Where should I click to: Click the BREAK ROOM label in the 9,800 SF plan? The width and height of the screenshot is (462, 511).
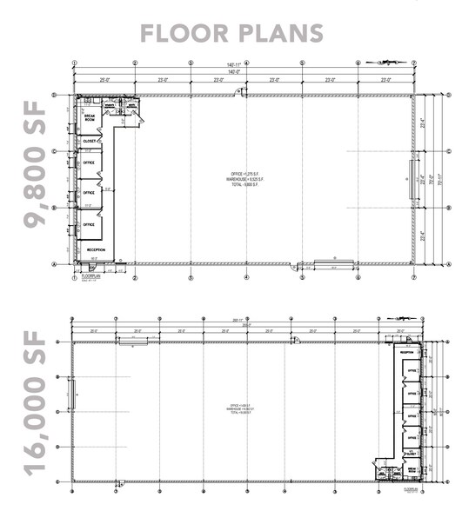pyautogui.click(x=89, y=117)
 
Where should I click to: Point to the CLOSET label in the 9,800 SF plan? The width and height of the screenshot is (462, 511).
pyautogui.click(x=89, y=140)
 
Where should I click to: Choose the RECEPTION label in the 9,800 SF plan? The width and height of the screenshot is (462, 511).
pyautogui.click(x=97, y=249)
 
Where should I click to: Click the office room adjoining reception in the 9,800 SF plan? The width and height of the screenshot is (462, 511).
pyautogui.click(x=89, y=224)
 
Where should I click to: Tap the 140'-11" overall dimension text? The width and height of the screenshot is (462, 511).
pyautogui.click(x=244, y=65)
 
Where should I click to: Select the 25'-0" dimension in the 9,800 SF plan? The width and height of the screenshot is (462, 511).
pyautogui.click(x=105, y=80)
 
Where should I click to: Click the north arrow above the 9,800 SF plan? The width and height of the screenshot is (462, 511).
pyautogui.click(x=384, y=63)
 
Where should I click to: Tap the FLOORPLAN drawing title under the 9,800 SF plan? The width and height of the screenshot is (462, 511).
pyautogui.click(x=86, y=276)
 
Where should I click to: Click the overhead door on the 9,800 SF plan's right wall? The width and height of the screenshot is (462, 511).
pyautogui.click(x=413, y=179)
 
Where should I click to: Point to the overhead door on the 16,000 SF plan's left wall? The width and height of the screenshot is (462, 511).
pyautogui.click(x=73, y=395)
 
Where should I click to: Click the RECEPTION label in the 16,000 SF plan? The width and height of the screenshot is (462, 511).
pyautogui.click(x=406, y=353)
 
